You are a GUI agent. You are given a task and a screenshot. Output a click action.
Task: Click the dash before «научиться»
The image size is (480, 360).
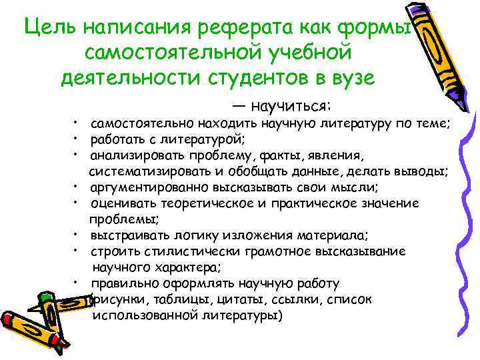[238, 107]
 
